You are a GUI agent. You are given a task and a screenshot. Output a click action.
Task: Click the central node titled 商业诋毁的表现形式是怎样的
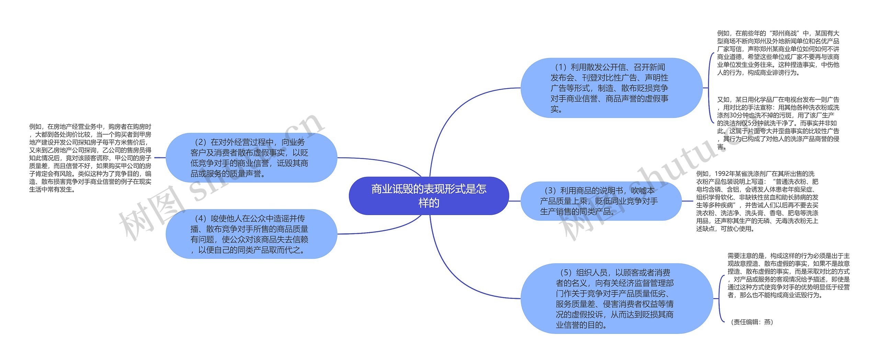point(429,196)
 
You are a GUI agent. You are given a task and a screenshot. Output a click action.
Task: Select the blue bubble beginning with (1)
point(611,88)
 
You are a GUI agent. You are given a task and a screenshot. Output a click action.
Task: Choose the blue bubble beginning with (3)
point(601,201)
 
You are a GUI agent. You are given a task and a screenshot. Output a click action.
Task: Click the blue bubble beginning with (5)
point(616,299)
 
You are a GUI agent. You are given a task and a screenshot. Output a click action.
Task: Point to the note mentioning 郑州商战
point(778,53)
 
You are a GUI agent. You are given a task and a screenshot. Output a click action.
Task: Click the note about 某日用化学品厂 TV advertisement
point(778,123)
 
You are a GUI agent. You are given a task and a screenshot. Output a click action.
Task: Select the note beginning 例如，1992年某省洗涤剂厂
point(757,201)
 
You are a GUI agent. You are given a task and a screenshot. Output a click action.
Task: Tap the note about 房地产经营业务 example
point(90,158)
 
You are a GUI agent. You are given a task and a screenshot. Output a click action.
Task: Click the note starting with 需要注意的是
point(788,275)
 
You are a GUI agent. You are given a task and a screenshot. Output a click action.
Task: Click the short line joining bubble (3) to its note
point(687,201)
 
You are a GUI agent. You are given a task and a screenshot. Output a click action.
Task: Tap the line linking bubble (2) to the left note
point(160,158)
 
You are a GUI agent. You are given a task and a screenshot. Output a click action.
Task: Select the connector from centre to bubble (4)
point(378,230)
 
